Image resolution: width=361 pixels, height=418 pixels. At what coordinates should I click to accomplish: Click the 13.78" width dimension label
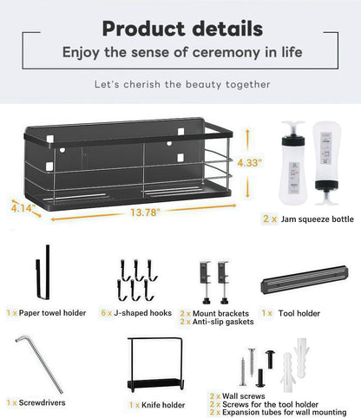tap(145, 212)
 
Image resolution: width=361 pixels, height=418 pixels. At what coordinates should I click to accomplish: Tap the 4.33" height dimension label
tap(249, 163)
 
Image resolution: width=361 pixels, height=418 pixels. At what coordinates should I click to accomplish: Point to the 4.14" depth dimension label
tap(23, 208)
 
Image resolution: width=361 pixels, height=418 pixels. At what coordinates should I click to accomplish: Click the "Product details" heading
tap(182, 29)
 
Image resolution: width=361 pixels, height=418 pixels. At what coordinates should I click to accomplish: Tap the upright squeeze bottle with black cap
tap(293, 162)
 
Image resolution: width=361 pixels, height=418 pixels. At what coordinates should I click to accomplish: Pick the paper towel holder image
tap(43, 272)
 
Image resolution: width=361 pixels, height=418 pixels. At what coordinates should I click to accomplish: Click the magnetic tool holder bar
tap(305, 279)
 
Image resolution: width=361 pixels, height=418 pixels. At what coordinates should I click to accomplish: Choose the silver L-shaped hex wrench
tap(40, 363)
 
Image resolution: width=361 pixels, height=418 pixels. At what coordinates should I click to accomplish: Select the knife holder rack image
tap(155, 364)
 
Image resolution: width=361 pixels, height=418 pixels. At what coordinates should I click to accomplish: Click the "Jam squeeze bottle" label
tap(318, 219)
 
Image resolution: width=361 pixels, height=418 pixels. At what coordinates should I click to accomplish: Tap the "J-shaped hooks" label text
tap(142, 313)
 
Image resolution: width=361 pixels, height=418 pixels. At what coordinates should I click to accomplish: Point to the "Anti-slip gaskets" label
tap(223, 322)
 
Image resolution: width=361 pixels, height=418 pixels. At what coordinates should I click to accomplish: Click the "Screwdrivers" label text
tap(43, 402)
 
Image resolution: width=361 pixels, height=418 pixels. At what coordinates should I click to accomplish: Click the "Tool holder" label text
tap(299, 313)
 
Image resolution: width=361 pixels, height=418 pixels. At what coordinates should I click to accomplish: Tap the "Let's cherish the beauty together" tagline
tap(182, 84)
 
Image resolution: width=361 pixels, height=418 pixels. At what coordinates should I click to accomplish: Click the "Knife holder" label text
tap(163, 405)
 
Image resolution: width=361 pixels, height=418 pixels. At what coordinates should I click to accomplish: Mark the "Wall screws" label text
tap(244, 396)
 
